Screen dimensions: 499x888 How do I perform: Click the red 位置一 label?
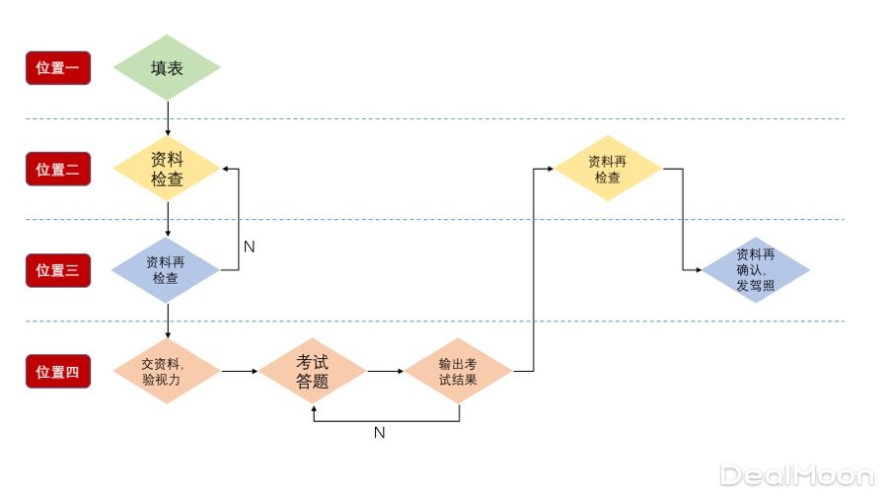58,68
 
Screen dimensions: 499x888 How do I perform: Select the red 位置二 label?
58,169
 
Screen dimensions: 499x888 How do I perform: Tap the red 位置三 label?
58,270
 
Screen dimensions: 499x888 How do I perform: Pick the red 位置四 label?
58,372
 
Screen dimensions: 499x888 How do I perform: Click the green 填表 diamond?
167,68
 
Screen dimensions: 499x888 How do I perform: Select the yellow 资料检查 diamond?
167,169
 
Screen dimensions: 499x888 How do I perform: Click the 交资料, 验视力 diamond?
167,371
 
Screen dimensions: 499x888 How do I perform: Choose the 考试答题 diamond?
312,371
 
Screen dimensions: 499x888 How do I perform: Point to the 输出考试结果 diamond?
458,371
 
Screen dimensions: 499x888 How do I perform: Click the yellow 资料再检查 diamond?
608,169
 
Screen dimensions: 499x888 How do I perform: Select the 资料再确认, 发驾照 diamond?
756,270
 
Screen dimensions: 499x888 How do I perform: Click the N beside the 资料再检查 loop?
249,247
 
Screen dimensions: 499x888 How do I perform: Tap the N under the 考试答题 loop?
379,432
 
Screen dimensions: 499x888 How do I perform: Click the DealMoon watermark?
797,475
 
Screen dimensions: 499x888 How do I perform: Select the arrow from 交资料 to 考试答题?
239,372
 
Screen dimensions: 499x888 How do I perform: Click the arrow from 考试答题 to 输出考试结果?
385,372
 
